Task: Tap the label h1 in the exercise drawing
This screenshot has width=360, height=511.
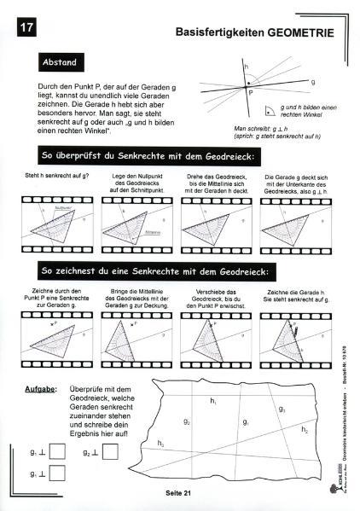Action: click(x=215, y=401)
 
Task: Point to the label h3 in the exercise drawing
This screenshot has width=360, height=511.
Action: click(x=161, y=441)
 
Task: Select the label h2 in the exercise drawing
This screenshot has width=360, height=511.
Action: click(x=305, y=431)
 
